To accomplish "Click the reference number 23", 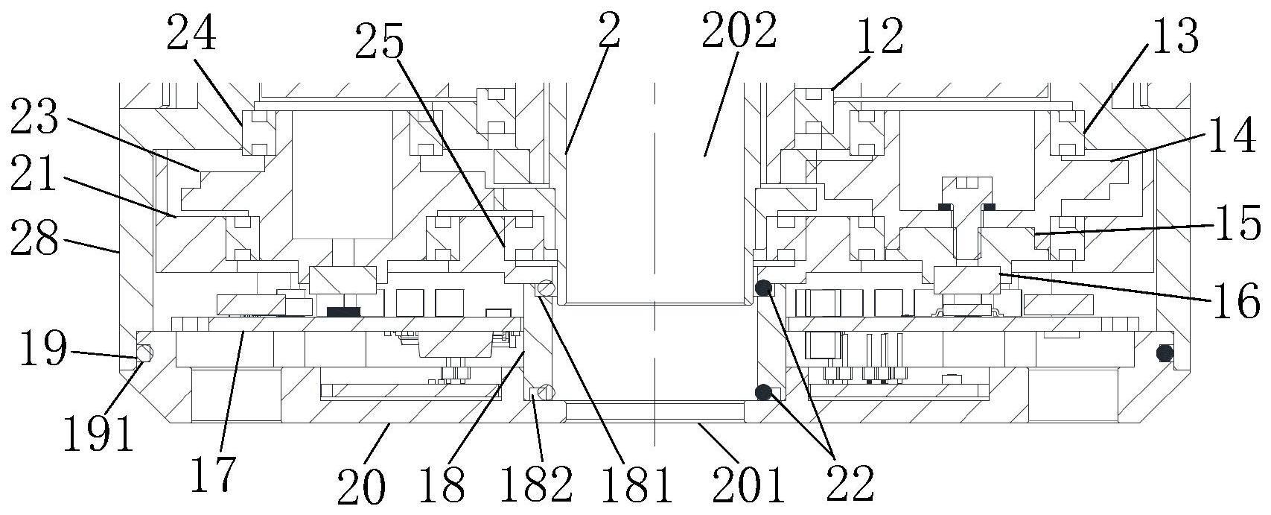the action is pos(34,116).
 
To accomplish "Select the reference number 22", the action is pos(850,482).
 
